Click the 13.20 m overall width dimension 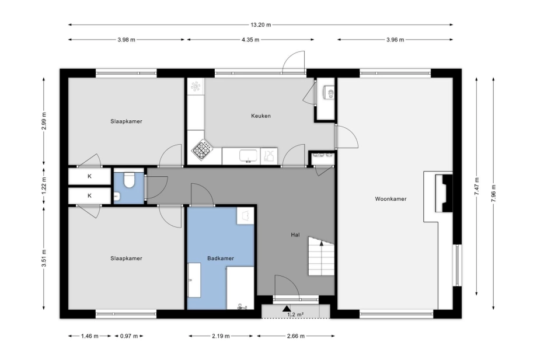(261, 25)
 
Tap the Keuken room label (261, 116)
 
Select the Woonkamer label (390, 199)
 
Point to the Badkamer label (221, 258)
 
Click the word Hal (295, 235)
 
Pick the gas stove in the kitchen (201, 150)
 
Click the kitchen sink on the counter (249, 156)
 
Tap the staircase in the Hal (321, 256)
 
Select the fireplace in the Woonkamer (444, 193)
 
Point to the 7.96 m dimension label (493, 193)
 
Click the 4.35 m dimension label (250, 40)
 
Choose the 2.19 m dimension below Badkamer (221, 336)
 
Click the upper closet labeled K (89, 177)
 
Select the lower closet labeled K (89, 195)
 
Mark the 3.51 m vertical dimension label (44, 258)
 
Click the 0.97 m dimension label (129, 336)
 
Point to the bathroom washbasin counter (194, 280)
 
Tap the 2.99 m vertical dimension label (44, 121)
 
